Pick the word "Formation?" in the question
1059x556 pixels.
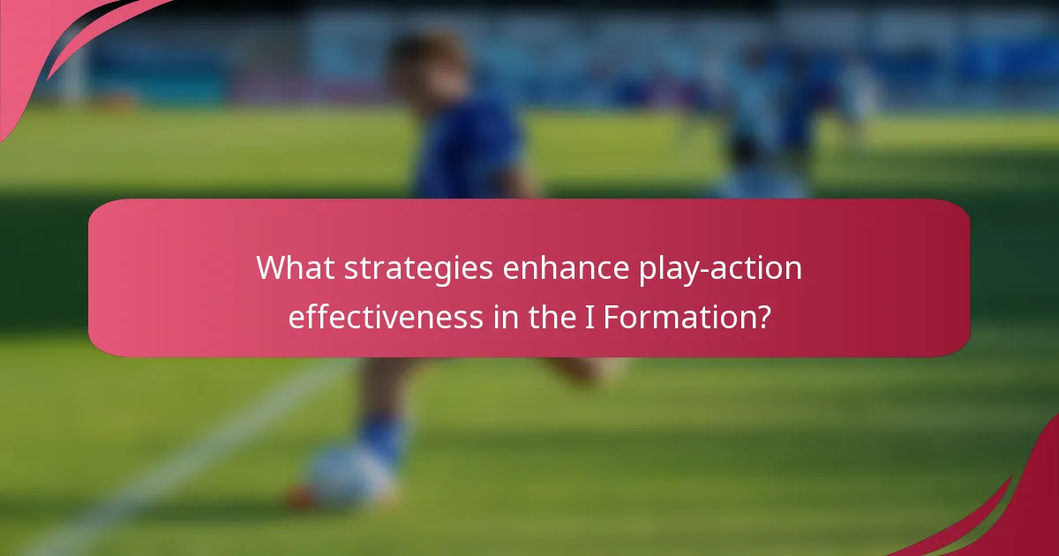point(687,316)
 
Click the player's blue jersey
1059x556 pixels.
point(468,150)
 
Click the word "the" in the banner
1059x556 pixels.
point(553,316)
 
